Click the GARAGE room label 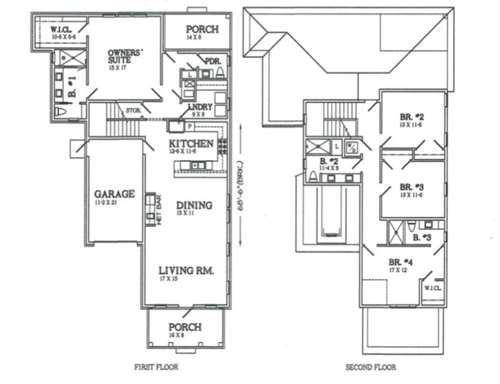click(x=115, y=195)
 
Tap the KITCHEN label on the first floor click(x=191, y=144)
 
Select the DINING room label click(x=194, y=205)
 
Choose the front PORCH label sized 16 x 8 click(x=185, y=327)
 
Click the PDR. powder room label click(x=213, y=61)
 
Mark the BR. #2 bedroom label click(x=413, y=118)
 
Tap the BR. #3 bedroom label click(x=413, y=187)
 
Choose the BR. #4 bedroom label click(x=403, y=262)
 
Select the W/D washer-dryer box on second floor click(x=353, y=146)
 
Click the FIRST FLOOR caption click(x=156, y=367)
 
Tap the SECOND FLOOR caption click(x=370, y=367)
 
